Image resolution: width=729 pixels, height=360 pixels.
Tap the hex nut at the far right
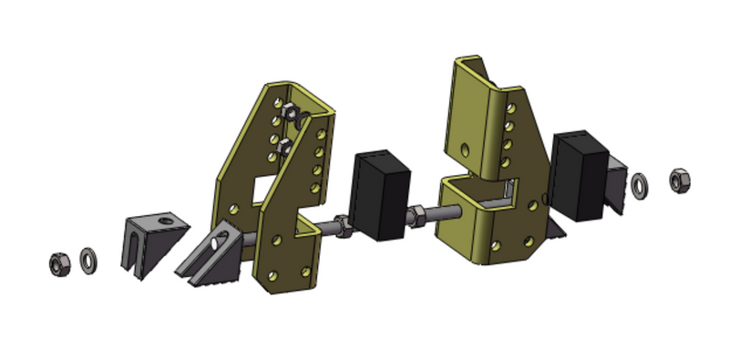point(680,180)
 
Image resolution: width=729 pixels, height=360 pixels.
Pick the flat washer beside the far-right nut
point(641,185)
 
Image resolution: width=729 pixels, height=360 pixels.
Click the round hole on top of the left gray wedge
point(165,219)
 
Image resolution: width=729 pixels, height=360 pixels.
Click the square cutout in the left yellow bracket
point(264,188)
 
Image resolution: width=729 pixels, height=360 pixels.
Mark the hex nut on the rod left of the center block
point(344,223)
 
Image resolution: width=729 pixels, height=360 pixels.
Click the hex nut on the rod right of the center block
point(416,217)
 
